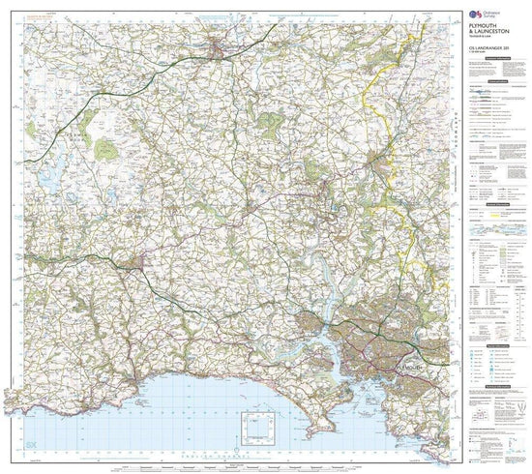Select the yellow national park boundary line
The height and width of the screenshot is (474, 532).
click(x=368, y=97)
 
